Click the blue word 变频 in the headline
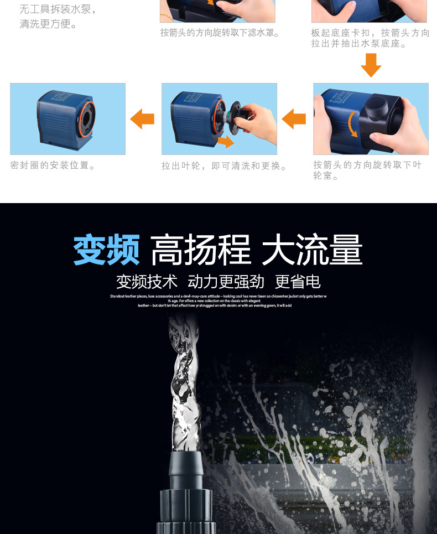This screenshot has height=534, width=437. pos(106,250)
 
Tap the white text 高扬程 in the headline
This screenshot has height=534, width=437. pos(200,250)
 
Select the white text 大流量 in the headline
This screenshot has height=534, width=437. pos(312,250)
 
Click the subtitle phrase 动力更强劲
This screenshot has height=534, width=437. pos(226,281)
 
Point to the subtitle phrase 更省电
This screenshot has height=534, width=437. pos(298,281)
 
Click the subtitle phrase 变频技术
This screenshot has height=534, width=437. pos(147,281)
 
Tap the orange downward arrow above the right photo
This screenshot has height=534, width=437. pos(371,67)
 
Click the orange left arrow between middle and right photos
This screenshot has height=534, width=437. pos(294,118)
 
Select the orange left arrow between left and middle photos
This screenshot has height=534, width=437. pos(143,118)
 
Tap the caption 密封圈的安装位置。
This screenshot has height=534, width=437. pos(53,165)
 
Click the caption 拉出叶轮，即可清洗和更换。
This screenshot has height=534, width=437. pos(225,166)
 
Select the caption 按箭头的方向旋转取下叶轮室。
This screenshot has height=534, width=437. pos(367,170)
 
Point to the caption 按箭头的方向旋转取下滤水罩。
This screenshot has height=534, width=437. pos(220,33)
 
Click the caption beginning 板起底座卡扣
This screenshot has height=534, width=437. pos(370,38)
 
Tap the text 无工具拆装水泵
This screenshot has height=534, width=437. pos(58,10)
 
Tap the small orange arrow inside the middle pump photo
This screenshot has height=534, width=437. pos(225,142)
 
